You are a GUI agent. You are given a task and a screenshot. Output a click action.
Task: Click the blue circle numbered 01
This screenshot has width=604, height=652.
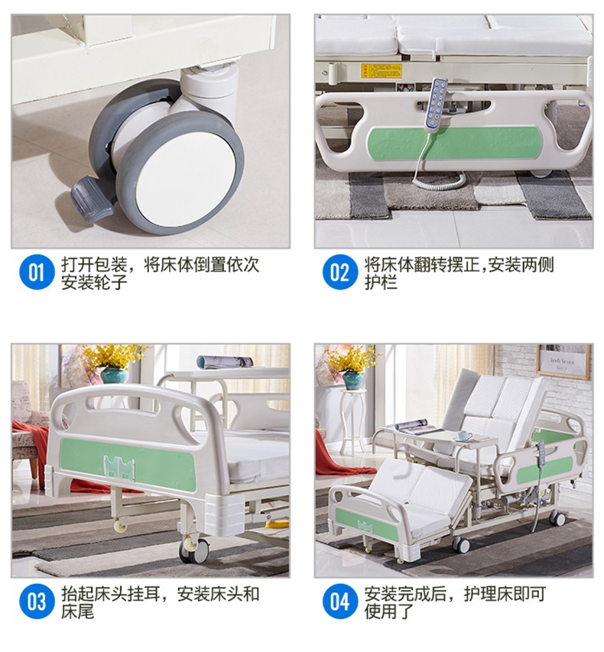click(x=37, y=273)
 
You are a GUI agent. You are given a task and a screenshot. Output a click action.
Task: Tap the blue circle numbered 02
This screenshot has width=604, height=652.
click(x=339, y=273)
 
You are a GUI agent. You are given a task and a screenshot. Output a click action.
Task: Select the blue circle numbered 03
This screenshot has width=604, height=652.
click(x=37, y=602)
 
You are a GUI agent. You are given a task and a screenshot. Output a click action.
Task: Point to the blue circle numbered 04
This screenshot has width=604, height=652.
click(x=339, y=602)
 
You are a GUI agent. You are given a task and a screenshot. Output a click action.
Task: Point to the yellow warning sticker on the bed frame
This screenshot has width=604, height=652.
click(x=381, y=70)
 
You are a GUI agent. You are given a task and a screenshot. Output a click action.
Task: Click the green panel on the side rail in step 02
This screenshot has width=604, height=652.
click(x=454, y=143)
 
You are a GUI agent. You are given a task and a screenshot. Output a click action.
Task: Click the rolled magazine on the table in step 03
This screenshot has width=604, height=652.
click(x=225, y=362)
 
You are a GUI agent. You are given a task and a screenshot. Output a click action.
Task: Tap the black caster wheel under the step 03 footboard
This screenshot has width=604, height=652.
click(x=195, y=550)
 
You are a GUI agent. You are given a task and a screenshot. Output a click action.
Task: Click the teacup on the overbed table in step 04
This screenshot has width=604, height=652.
click(x=463, y=436)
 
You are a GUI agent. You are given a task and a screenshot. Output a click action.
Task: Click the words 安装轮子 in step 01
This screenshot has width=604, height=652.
click(x=94, y=282)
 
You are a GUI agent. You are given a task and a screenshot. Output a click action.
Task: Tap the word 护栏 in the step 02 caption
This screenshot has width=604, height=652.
click(x=381, y=282)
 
